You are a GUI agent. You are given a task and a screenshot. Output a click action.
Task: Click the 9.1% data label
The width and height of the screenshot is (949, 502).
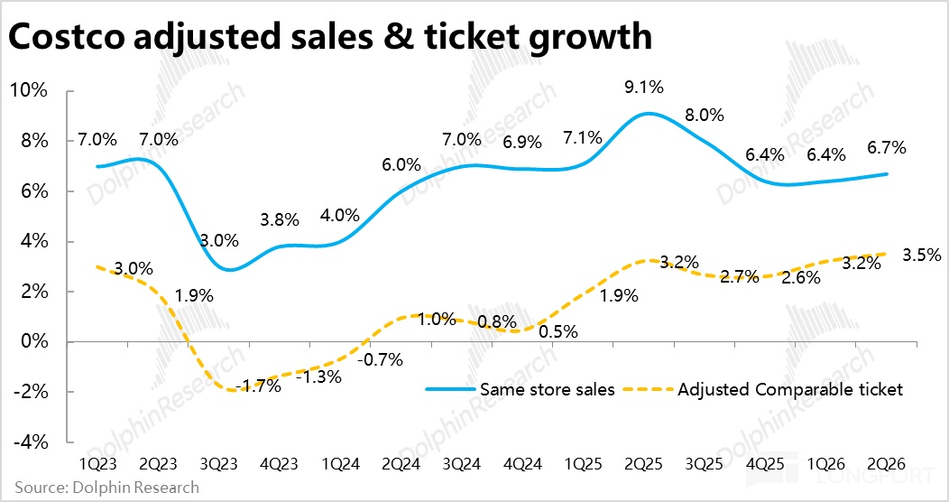coord(644,88)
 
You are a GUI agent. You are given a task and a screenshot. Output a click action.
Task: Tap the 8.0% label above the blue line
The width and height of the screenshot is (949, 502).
coord(705,115)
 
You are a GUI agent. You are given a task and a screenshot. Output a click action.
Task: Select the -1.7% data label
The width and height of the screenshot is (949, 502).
coord(258,386)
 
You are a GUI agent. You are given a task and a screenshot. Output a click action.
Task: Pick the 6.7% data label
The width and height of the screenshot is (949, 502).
coord(887,147)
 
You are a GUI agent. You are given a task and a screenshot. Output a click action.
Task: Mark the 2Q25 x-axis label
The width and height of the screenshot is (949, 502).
coord(645,462)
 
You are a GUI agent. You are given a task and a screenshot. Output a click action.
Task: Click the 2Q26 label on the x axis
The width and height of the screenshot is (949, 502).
coord(887,462)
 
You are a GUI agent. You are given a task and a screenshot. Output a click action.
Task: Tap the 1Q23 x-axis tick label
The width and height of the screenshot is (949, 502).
coord(98,462)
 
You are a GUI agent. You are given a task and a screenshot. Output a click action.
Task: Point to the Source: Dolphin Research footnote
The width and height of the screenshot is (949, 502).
coord(106,488)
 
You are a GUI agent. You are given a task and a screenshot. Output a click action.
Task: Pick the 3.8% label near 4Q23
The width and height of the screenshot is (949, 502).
coord(281,218)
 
